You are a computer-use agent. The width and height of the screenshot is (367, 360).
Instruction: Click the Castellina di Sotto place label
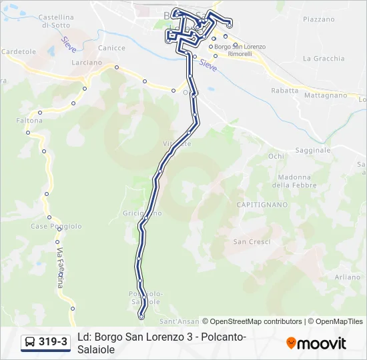coord(57,21)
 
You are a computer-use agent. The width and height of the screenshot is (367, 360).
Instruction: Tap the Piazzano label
coord(318,19)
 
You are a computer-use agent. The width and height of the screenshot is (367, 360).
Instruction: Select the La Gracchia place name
coord(324,59)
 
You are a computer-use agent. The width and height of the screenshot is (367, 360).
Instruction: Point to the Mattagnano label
coord(326,95)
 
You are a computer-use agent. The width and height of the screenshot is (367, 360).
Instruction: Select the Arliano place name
coord(348,277)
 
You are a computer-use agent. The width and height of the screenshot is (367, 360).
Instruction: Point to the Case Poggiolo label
coord(56,226)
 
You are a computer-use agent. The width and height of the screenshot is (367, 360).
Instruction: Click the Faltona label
coord(29,121)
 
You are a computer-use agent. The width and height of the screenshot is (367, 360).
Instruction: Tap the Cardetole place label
coord(19,51)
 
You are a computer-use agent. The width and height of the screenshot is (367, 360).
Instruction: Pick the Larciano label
coord(87,63)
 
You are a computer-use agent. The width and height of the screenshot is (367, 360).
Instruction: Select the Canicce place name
coord(111,48)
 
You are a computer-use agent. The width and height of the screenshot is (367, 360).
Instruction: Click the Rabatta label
coord(284,90)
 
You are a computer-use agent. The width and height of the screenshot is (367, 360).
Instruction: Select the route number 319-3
coord(53,342)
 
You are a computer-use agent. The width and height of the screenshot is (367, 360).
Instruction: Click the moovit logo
coord(316,343)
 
